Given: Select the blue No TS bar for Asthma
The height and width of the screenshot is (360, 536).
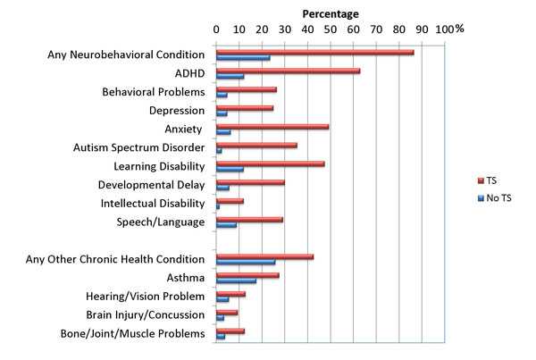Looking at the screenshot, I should [236, 281].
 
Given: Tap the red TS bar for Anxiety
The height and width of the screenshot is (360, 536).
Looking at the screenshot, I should [272, 127].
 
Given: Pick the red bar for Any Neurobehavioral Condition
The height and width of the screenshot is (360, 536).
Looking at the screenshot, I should [314, 52].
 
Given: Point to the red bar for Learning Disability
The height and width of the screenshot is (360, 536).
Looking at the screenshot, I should [270, 164].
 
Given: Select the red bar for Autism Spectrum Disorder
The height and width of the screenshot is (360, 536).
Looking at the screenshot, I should [256, 146].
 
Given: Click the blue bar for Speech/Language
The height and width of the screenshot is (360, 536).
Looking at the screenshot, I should [226, 225].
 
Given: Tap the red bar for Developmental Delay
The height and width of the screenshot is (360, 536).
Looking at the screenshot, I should [250, 182].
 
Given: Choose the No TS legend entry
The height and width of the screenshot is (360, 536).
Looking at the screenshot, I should [494, 197].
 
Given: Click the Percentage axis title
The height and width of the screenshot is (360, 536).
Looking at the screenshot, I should [331, 13].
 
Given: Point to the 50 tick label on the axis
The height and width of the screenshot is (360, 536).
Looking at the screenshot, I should [331, 29].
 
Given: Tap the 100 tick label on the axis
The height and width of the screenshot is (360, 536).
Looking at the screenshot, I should [444, 29].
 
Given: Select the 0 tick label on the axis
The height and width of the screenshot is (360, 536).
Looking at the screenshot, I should [216, 29].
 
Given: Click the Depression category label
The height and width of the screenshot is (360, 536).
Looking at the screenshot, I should [176, 111].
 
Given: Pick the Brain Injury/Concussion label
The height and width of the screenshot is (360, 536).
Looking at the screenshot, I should [145, 315].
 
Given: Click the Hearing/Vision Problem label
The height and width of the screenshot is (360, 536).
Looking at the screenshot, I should [147, 297].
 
